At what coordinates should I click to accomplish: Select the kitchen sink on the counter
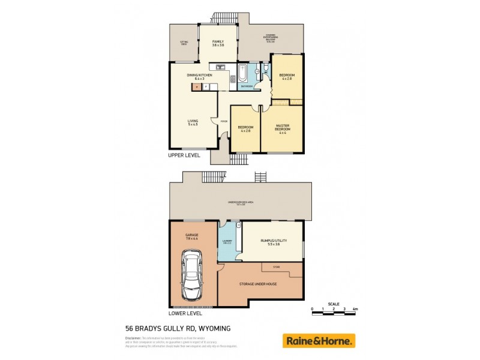click(x=220, y=66)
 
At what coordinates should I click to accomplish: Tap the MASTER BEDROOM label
click(x=283, y=128)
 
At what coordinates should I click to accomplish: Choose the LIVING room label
click(x=193, y=122)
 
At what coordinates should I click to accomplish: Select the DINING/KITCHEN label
click(x=196, y=77)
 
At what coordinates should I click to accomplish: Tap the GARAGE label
click(x=192, y=236)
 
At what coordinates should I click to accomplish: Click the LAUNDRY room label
click(x=227, y=242)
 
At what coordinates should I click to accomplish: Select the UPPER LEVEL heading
click(x=184, y=155)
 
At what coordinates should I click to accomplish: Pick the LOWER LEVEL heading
click(x=185, y=313)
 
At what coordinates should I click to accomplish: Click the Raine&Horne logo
click(x=319, y=341)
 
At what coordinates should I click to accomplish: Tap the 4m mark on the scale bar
click(x=355, y=308)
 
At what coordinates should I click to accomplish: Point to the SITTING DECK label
click(x=184, y=43)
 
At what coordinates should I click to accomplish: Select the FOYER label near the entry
click(x=223, y=122)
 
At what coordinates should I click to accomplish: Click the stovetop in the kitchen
click(x=232, y=79)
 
